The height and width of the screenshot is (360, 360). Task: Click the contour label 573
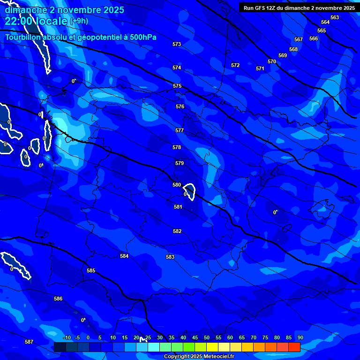[x=177, y=45]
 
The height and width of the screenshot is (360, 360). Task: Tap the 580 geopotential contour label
[x=177, y=185]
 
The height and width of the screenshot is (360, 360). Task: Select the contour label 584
[x=124, y=256]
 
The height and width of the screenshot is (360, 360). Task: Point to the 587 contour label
[x=29, y=342]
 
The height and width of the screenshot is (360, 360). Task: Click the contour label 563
[x=335, y=18]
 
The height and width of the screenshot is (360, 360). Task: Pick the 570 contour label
[x=272, y=62]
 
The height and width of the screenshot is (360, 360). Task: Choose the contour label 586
[x=58, y=299]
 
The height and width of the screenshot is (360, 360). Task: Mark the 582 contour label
[x=177, y=232]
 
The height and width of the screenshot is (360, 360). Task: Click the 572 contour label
[x=235, y=66]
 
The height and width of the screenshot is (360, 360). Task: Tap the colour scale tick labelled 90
[x=300, y=338]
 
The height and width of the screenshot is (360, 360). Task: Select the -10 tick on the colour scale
[x=67, y=338]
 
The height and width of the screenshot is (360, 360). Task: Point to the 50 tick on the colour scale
[x=207, y=338]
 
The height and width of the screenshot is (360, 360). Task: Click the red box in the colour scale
[x=294, y=347]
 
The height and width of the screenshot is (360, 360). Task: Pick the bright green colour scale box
[x=189, y=347]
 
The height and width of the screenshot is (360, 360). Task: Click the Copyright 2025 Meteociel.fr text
[x=199, y=357]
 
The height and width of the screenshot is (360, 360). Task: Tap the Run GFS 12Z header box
[x=299, y=8]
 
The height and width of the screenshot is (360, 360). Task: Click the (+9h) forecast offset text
[x=79, y=21]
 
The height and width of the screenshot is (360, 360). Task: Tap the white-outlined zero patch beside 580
[x=189, y=192]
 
